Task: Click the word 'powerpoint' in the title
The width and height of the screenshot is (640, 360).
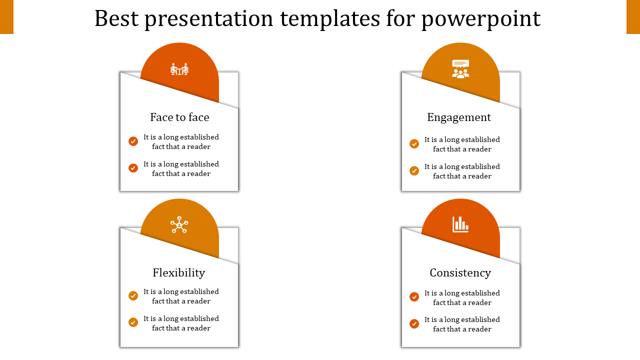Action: point(481,19)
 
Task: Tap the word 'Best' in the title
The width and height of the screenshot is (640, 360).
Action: point(116,18)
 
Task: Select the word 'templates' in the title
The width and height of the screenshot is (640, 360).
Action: point(330,19)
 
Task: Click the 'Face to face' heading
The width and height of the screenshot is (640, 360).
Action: point(179,117)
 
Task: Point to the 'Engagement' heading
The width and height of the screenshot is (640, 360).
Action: point(459,117)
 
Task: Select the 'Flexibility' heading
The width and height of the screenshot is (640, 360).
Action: point(179,273)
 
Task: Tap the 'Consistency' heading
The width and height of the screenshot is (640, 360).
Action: point(460,273)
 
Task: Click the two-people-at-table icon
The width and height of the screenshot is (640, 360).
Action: point(179,69)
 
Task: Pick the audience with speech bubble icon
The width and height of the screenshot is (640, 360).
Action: point(460,69)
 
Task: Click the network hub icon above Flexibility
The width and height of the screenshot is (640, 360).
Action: point(179,224)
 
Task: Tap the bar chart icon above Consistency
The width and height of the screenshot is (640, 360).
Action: point(460,224)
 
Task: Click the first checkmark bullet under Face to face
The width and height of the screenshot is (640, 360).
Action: point(133,141)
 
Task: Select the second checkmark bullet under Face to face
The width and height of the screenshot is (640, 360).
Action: point(133,168)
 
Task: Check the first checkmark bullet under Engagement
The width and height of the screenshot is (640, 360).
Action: point(414,143)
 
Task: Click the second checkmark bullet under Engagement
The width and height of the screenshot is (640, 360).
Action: point(414,170)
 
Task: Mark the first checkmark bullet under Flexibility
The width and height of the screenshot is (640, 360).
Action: point(133,295)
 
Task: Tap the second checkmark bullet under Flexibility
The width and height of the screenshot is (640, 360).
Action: point(133,322)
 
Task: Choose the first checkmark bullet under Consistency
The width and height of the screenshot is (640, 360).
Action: point(414,297)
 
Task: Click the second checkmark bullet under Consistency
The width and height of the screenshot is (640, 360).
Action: point(414,323)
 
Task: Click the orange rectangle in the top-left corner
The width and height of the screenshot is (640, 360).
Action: point(6,17)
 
